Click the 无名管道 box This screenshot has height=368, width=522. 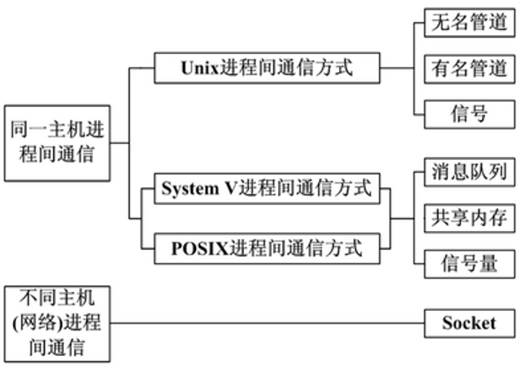pyautogui.click(x=469, y=23)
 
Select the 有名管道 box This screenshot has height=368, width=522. pyautogui.click(x=469, y=69)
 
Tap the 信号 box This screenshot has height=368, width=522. pyautogui.click(x=469, y=114)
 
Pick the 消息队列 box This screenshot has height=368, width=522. pyautogui.click(x=469, y=172)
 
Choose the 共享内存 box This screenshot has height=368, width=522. pyautogui.click(x=469, y=218)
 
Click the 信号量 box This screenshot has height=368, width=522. pyautogui.click(x=469, y=264)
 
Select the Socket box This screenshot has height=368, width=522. pyautogui.click(x=469, y=323)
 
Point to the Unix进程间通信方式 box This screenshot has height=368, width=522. pyautogui.click(x=267, y=68)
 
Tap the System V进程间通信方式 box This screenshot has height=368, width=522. pyautogui.click(x=267, y=188)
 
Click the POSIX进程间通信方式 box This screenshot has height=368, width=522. pyautogui.click(x=267, y=249)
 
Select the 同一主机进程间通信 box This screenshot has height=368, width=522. pyautogui.click(x=57, y=143)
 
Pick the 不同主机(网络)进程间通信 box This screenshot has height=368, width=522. pyautogui.click(x=57, y=324)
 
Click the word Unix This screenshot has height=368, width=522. pyautogui.click(x=200, y=68)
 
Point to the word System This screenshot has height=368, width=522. pyautogui.click(x=190, y=189)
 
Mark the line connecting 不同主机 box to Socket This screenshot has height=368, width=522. pyautogui.click(x=268, y=323)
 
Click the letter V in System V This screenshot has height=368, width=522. pyautogui.click(x=231, y=188)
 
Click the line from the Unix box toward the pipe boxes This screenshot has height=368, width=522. pyautogui.click(x=397, y=68)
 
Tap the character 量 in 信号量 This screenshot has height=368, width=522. pyautogui.click(x=488, y=264)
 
